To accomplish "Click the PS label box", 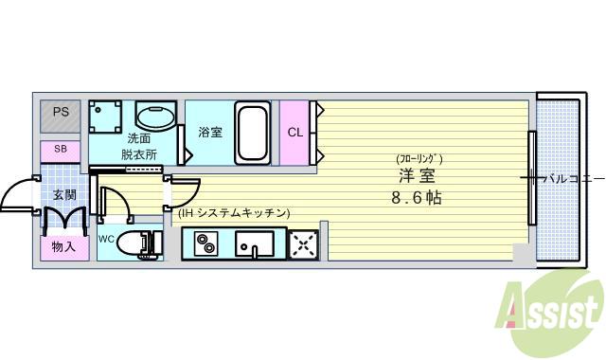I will click(x=61, y=113).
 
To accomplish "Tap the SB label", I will click(x=61, y=149).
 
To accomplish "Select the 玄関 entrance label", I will click(x=63, y=195).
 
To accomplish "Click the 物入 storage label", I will click(x=62, y=247).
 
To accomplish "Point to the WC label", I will click(x=106, y=240).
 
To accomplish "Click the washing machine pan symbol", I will click(x=106, y=118).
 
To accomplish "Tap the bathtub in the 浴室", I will click(x=253, y=133).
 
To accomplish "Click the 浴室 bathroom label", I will click(x=210, y=133).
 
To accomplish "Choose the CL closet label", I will click(x=295, y=133).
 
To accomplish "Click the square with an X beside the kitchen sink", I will click(x=303, y=245).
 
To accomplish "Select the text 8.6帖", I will click(x=417, y=199).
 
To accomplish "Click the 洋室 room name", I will click(x=417, y=176).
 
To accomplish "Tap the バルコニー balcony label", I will click(x=571, y=178).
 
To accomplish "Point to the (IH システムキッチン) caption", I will click(x=233, y=214).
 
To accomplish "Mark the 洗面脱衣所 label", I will click(x=138, y=146).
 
